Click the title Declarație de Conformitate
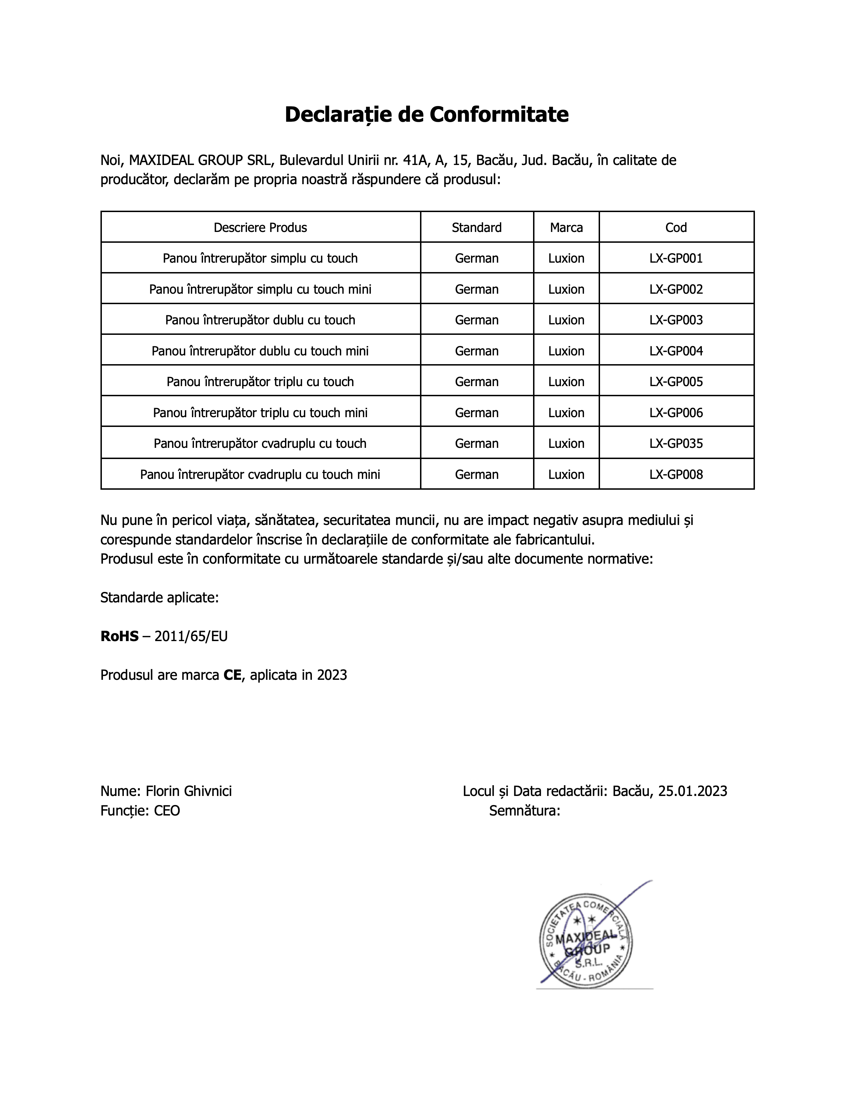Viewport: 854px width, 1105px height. (x=427, y=114)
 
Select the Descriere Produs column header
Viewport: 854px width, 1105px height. (x=260, y=228)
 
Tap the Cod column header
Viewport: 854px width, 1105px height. (x=676, y=228)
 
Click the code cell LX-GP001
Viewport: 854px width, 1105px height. (x=676, y=258)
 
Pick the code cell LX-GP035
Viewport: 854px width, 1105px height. (x=676, y=444)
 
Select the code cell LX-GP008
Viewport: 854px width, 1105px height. (x=676, y=475)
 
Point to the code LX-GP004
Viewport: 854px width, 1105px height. (x=676, y=351)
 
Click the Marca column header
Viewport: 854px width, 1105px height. (x=566, y=228)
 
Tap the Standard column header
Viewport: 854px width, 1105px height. (x=477, y=228)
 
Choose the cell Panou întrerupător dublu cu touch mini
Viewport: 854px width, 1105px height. (x=260, y=351)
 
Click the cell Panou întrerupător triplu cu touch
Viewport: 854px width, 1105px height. (x=260, y=382)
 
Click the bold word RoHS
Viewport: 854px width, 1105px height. (x=119, y=637)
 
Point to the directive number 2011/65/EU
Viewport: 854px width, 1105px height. (x=191, y=637)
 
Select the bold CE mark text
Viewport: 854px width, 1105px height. (x=232, y=675)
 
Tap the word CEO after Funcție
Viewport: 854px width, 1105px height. (x=167, y=811)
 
